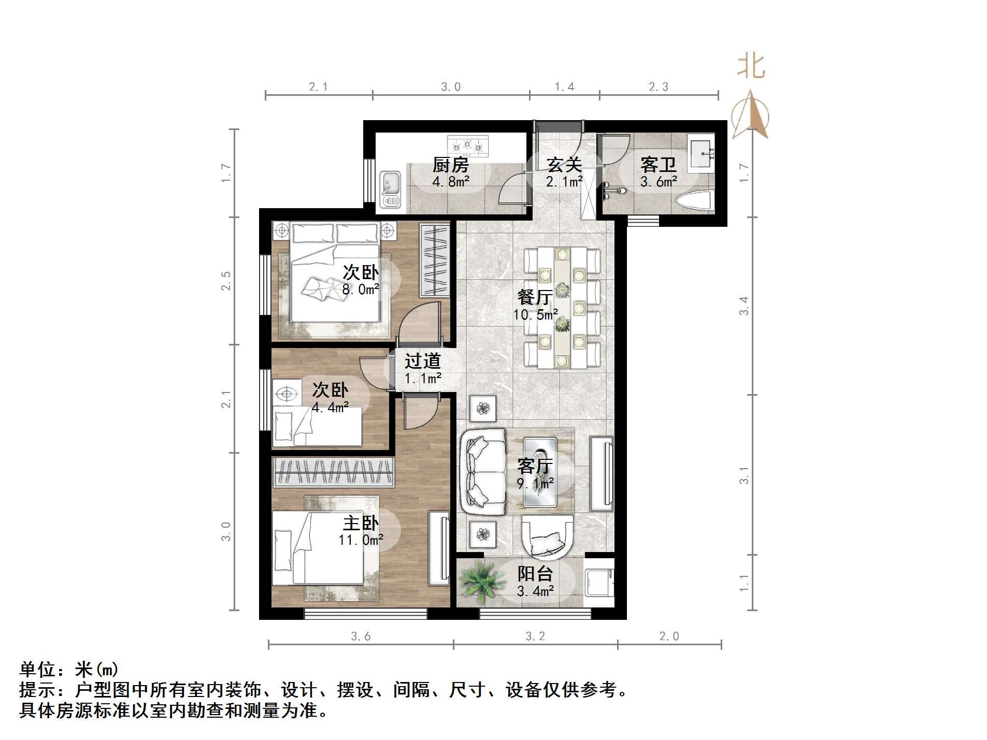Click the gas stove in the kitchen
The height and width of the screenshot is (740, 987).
pyautogui.click(x=467, y=146)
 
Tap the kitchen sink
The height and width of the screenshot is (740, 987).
pyautogui.click(x=390, y=189)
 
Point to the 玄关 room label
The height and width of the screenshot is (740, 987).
pyautogui.click(x=564, y=165)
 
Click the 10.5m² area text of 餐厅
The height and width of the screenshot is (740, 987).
pyautogui.click(x=535, y=314)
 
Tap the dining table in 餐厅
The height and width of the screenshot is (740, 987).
pyautogui.click(x=562, y=307)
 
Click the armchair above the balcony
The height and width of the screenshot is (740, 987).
pyautogui.click(x=548, y=537)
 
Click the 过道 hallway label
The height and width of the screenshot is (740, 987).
pyautogui.click(x=422, y=360)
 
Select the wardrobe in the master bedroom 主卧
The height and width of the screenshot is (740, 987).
pyautogui.click(x=333, y=472)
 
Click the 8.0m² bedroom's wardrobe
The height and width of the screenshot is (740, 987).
pyautogui.click(x=434, y=260)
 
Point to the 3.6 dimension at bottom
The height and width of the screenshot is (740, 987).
pyautogui.click(x=361, y=636)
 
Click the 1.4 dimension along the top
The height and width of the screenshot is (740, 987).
pyautogui.click(x=564, y=87)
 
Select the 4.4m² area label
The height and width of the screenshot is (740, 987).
pyautogui.click(x=330, y=408)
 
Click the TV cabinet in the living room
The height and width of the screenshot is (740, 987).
pyautogui.click(x=602, y=473)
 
